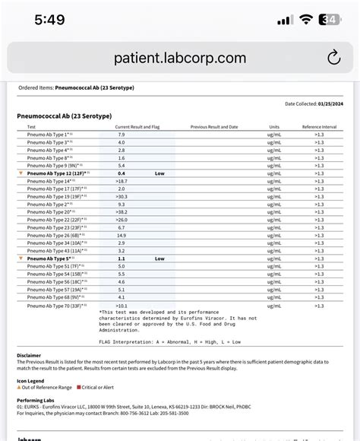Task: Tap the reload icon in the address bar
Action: [333, 58]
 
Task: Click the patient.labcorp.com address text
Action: [180, 58]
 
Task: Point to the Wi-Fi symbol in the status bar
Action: [307, 20]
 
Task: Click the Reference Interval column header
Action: [319, 126]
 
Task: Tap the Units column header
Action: [274, 126]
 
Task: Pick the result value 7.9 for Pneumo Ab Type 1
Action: [121, 134]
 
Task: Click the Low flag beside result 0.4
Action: [159, 173]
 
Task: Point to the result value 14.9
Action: [121, 235]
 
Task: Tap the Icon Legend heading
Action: [33, 380]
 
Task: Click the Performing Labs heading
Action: [36, 399]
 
